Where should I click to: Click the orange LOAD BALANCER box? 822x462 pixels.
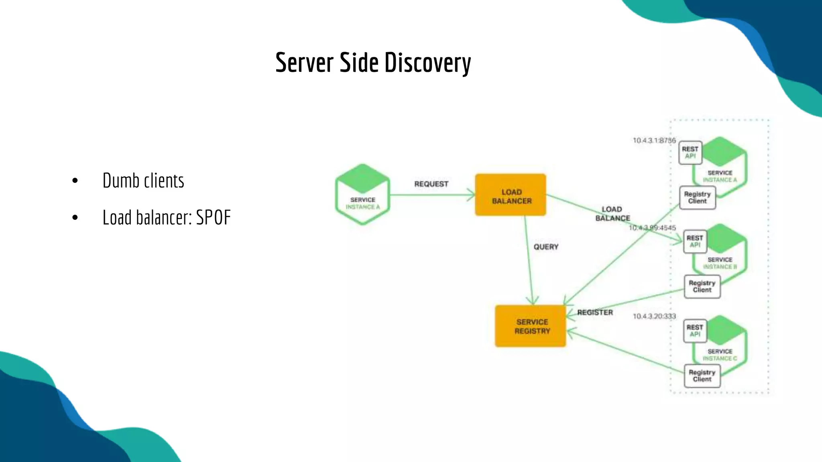(511, 195)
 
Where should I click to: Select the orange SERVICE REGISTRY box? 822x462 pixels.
(531, 326)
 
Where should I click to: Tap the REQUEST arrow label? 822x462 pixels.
(431, 184)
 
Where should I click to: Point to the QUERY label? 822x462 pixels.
(546, 247)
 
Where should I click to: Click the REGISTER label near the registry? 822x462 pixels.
(595, 312)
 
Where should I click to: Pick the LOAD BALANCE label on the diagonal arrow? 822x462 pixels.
(612, 214)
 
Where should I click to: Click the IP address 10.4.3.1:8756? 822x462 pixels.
(654, 140)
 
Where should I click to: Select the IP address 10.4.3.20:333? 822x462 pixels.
(654, 316)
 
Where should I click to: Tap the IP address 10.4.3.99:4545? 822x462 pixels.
(652, 228)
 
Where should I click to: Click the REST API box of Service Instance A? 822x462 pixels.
(690, 152)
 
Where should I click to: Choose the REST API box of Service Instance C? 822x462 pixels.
(695, 331)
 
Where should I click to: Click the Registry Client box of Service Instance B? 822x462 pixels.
(702, 286)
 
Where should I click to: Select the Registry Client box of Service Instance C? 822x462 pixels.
(702, 376)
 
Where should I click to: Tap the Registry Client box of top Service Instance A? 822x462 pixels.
(697, 197)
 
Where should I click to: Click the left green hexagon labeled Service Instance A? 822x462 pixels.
(362, 195)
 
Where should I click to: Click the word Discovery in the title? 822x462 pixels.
(427, 63)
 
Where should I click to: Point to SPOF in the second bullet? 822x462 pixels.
(213, 218)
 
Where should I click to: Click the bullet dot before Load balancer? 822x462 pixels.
(75, 218)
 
